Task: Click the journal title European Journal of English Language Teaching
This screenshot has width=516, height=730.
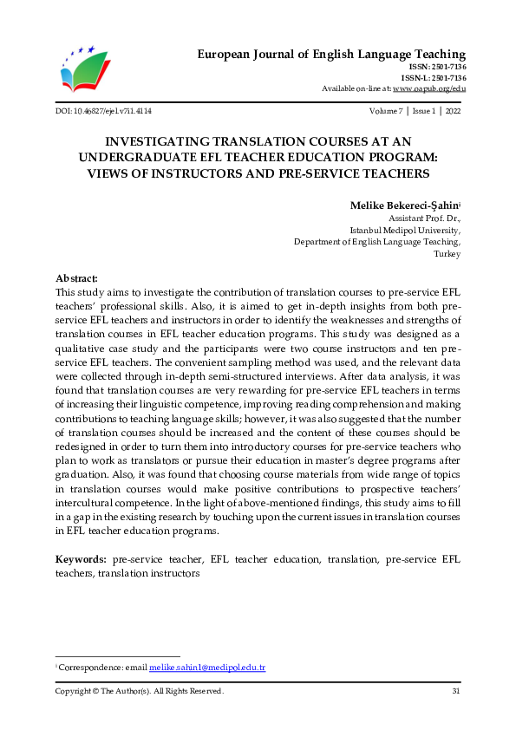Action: (331, 55)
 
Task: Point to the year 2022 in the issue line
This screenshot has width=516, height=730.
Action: (452, 112)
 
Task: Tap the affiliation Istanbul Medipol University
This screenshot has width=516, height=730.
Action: (404, 231)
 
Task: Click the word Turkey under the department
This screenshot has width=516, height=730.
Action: (447, 254)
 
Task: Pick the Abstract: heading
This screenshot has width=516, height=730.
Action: (76, 278)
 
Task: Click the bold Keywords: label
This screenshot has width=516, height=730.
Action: (81, 560)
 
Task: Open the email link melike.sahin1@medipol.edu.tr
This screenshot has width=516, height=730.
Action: (206, 668)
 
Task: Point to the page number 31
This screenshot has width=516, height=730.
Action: (455, 691)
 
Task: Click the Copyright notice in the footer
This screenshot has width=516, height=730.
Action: (139, 691)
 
